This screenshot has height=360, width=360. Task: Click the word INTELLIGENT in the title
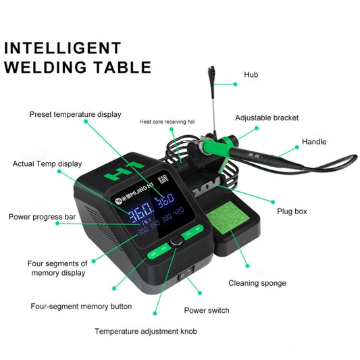coord(63,48)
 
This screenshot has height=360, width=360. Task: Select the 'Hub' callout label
coord(251,74)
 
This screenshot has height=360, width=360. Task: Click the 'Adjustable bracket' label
coord(266,118)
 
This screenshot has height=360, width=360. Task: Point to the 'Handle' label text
coord(314,142)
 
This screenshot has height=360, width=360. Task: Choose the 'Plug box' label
coord(292,211)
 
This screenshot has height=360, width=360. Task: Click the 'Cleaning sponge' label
coord(257,283)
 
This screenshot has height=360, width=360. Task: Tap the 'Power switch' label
coord(207,311)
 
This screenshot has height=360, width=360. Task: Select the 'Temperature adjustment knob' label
coord(146,332)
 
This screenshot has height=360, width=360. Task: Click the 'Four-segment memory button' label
coord(81,306)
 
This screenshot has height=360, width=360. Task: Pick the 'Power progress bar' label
coord(42,217)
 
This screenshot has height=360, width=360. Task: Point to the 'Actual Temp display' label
coord(47,163)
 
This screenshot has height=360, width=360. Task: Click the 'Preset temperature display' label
coord(75,114)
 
